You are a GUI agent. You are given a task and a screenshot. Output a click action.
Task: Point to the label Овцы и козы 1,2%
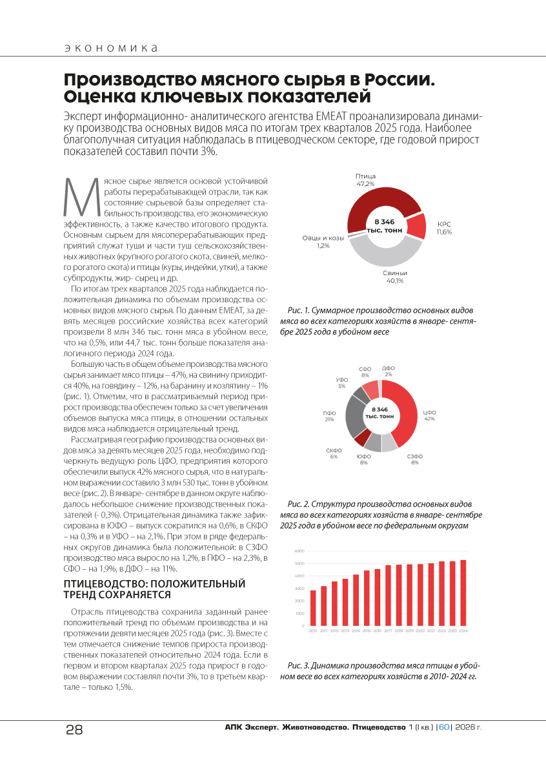click(323, 242)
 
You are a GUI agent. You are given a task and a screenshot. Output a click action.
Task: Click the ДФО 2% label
click(389, 371)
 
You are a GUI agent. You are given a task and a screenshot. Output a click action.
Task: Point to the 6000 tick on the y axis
click(299, 551)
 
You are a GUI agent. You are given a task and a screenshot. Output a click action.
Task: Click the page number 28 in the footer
click(74, 730)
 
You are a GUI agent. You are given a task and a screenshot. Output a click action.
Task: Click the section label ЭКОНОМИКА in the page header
click(111, 48)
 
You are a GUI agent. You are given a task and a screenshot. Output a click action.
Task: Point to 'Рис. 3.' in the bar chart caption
click(299, 665)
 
